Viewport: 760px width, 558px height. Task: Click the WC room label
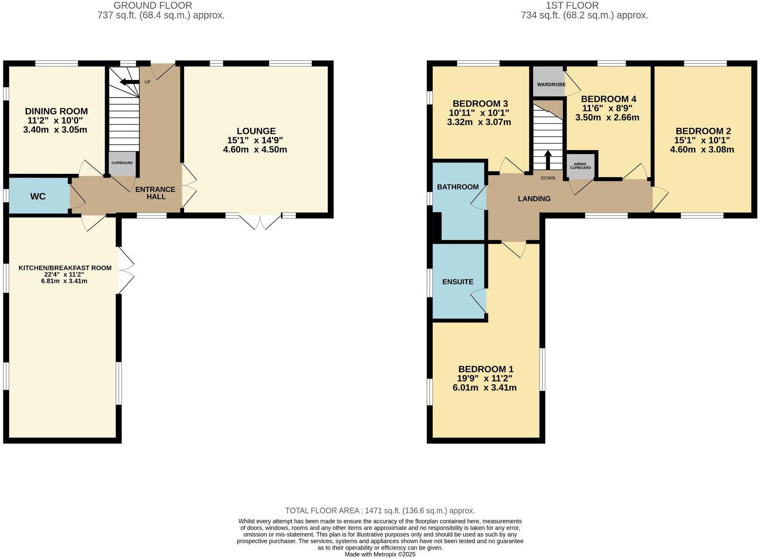tap(38, 196)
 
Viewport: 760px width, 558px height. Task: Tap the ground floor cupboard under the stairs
tap(122, 163)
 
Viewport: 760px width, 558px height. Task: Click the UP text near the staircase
tap(147, 82)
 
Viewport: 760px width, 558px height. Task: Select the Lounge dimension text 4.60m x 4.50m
tap(255, 150)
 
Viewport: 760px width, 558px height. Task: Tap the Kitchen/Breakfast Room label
tap(65, 268)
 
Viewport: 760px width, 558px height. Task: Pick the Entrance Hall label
tap(155, 193)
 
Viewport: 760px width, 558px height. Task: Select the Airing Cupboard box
tap(580, 166)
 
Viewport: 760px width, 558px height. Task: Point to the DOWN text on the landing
tap(547, 178)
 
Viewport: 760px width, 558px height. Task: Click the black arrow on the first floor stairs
tap(547, 159)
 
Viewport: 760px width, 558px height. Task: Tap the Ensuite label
tap(458, 282)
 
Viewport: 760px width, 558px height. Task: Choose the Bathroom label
tap(457, 187)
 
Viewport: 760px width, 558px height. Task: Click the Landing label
tap(534, 199)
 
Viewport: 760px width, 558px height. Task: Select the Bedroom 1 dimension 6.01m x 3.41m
tap(484, 388)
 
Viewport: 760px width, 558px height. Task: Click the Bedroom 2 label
tap(703, 131)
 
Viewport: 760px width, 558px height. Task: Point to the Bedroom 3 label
tap(480, 103)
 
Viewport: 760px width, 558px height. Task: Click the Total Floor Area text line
tap(380, 511)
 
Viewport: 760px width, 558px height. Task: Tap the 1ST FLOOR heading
tap(572, 5)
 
